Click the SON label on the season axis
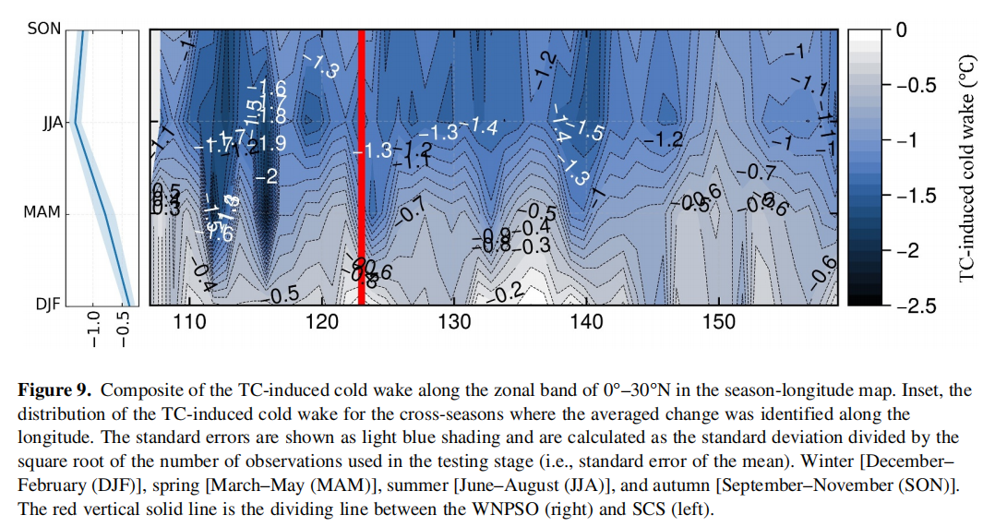(44, 29)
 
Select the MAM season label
(42, 212)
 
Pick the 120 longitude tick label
(322, 321)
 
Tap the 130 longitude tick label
(454, 321)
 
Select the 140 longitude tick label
(587, 321)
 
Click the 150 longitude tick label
(719, 321)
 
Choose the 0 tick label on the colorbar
(901, 30)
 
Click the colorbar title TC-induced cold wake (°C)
(968, 167)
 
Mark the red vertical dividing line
(362, 166)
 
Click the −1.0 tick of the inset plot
(92, 329)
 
